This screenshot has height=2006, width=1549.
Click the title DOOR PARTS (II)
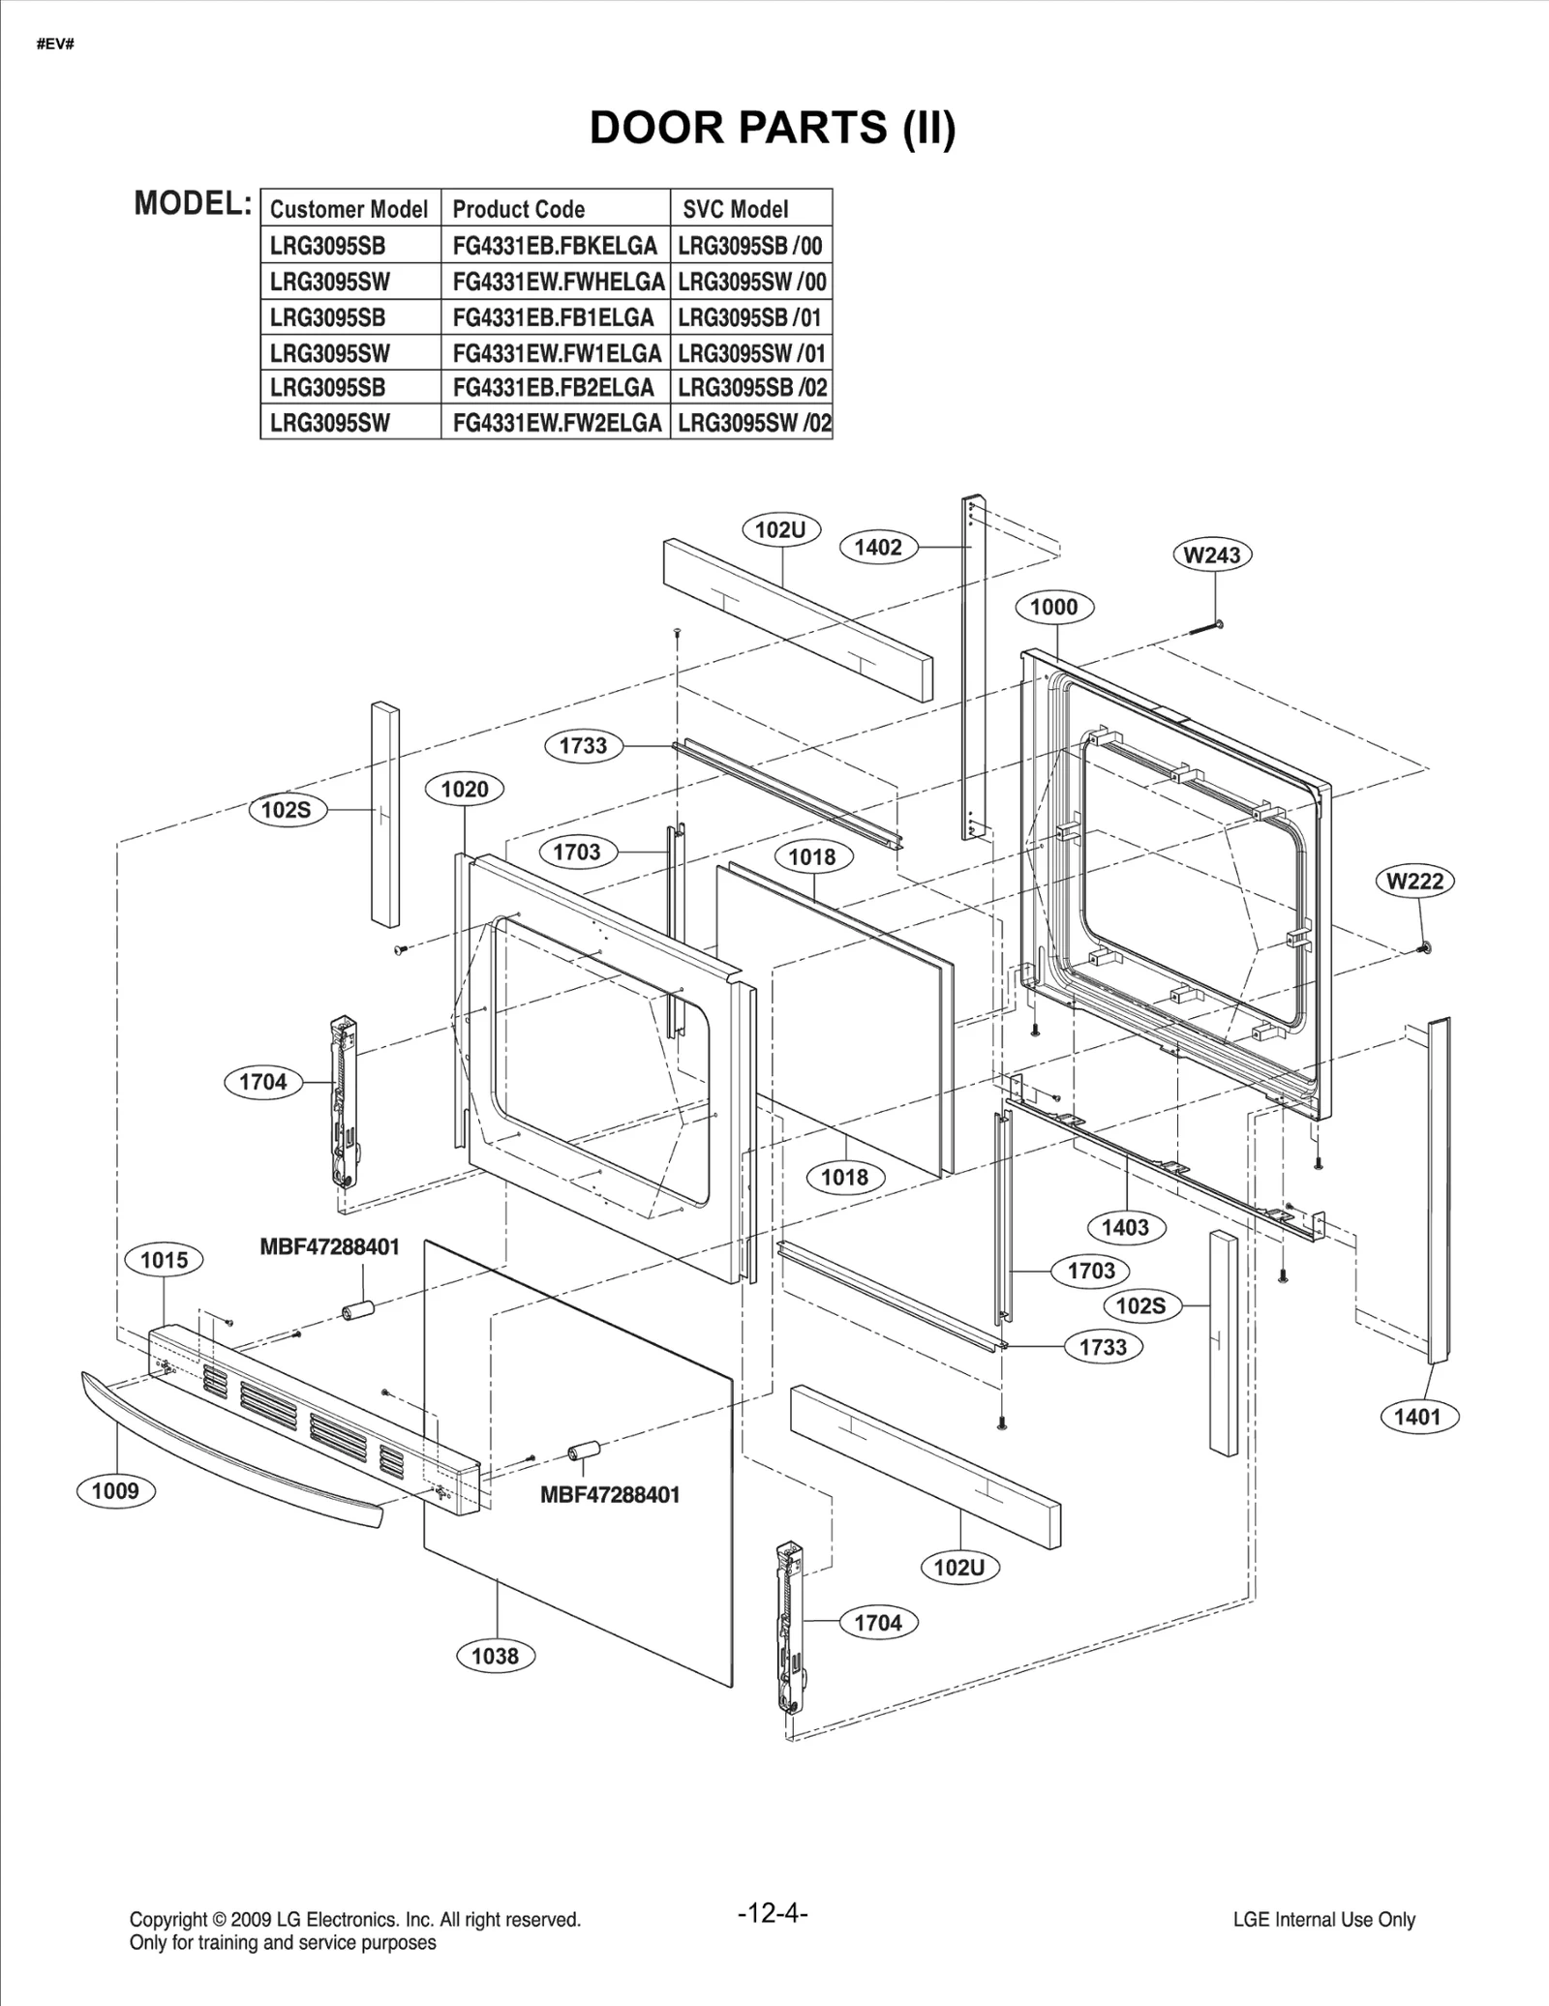coord(773,128)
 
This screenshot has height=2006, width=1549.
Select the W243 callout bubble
coord(1212,555)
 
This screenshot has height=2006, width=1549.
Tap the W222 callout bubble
coord(1414,882)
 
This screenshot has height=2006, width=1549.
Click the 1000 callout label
coord(1053,608)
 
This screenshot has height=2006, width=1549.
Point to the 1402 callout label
coord(877,548)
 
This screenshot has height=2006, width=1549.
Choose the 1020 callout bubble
coord(465,790)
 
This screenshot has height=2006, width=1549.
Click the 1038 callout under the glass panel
coord(495,1656)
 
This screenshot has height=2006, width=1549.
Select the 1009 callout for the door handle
coord(115,1491)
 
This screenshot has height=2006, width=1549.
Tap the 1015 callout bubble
coord(164,1260)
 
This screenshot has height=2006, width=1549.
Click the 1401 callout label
coord(1417,1418)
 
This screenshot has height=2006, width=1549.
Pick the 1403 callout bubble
coord(1125,1228)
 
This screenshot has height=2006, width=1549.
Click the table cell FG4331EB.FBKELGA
coord(555,246)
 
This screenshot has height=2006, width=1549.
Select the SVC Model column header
coord(735,209)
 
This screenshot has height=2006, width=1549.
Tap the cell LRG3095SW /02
coord(752,423)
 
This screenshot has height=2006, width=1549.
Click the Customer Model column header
coord(349,209)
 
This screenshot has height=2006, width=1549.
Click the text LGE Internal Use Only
coord(1323,1920)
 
